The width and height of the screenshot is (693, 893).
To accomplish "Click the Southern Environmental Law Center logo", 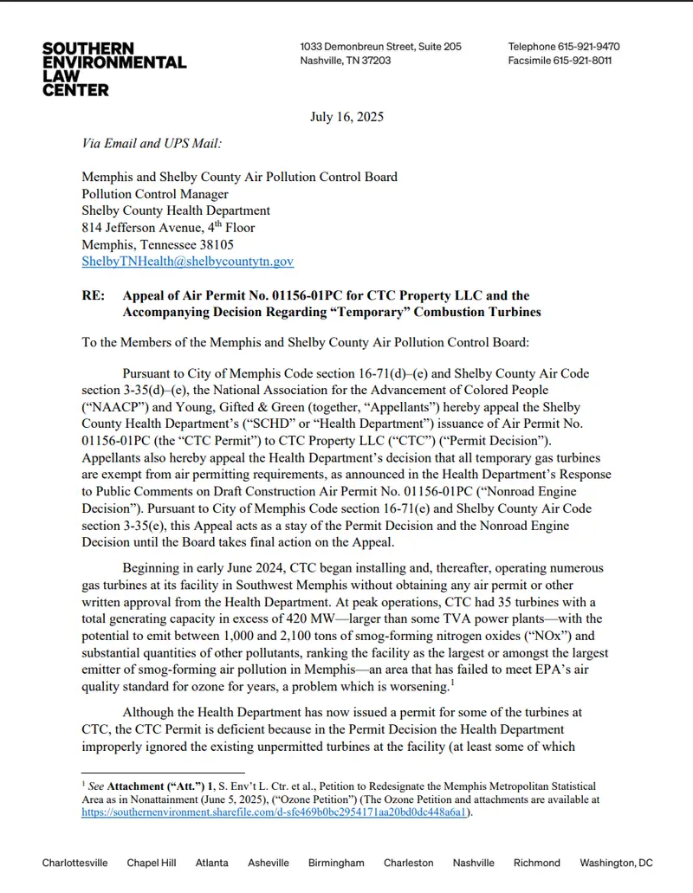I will (114, 68).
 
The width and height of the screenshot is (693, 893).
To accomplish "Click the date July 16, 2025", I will (346, 117).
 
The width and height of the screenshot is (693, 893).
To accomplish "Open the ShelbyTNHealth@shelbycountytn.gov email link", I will (187, 261).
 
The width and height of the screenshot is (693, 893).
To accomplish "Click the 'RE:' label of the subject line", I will (93, 295).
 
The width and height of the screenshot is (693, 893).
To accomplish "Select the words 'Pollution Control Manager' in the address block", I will (155, 194).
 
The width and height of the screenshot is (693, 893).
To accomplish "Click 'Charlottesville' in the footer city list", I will (75, 863).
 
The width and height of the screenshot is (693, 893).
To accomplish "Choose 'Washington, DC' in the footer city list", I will (616, 863).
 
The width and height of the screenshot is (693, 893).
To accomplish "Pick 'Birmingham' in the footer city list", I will (335, 863).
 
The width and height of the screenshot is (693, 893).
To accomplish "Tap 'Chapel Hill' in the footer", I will (151, 863).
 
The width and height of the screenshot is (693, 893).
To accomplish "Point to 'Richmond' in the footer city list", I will (536, 863).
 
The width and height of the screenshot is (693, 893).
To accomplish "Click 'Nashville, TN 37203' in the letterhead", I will (345, 61).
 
